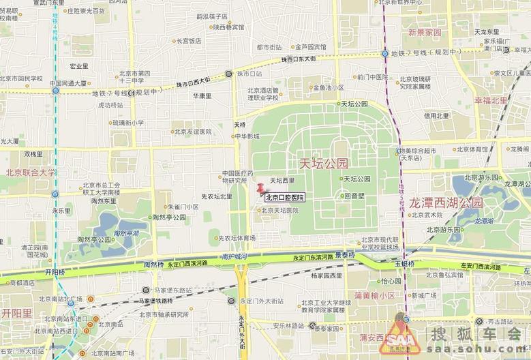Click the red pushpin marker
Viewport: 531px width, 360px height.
click(x=260, y=189)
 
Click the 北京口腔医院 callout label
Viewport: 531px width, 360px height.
click(x=284, y=198)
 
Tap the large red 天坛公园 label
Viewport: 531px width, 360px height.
click(x=324, y=164)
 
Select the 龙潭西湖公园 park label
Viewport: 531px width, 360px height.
click(x=446, y=202)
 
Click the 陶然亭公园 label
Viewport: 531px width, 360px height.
click(x=94, y=239)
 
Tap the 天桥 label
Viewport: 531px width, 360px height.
click(x=239, y=125)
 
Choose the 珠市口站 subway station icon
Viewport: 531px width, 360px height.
click(x=229, y=74)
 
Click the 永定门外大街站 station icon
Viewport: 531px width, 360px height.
click(x=231, y=301)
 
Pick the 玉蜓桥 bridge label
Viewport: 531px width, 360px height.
click(x=404, y=263)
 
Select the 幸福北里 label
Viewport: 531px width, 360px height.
click(x=491, y=100)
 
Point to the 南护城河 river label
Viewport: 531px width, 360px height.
click(x=234, y=257)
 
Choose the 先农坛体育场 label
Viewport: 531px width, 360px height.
click(x=236, y=238)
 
